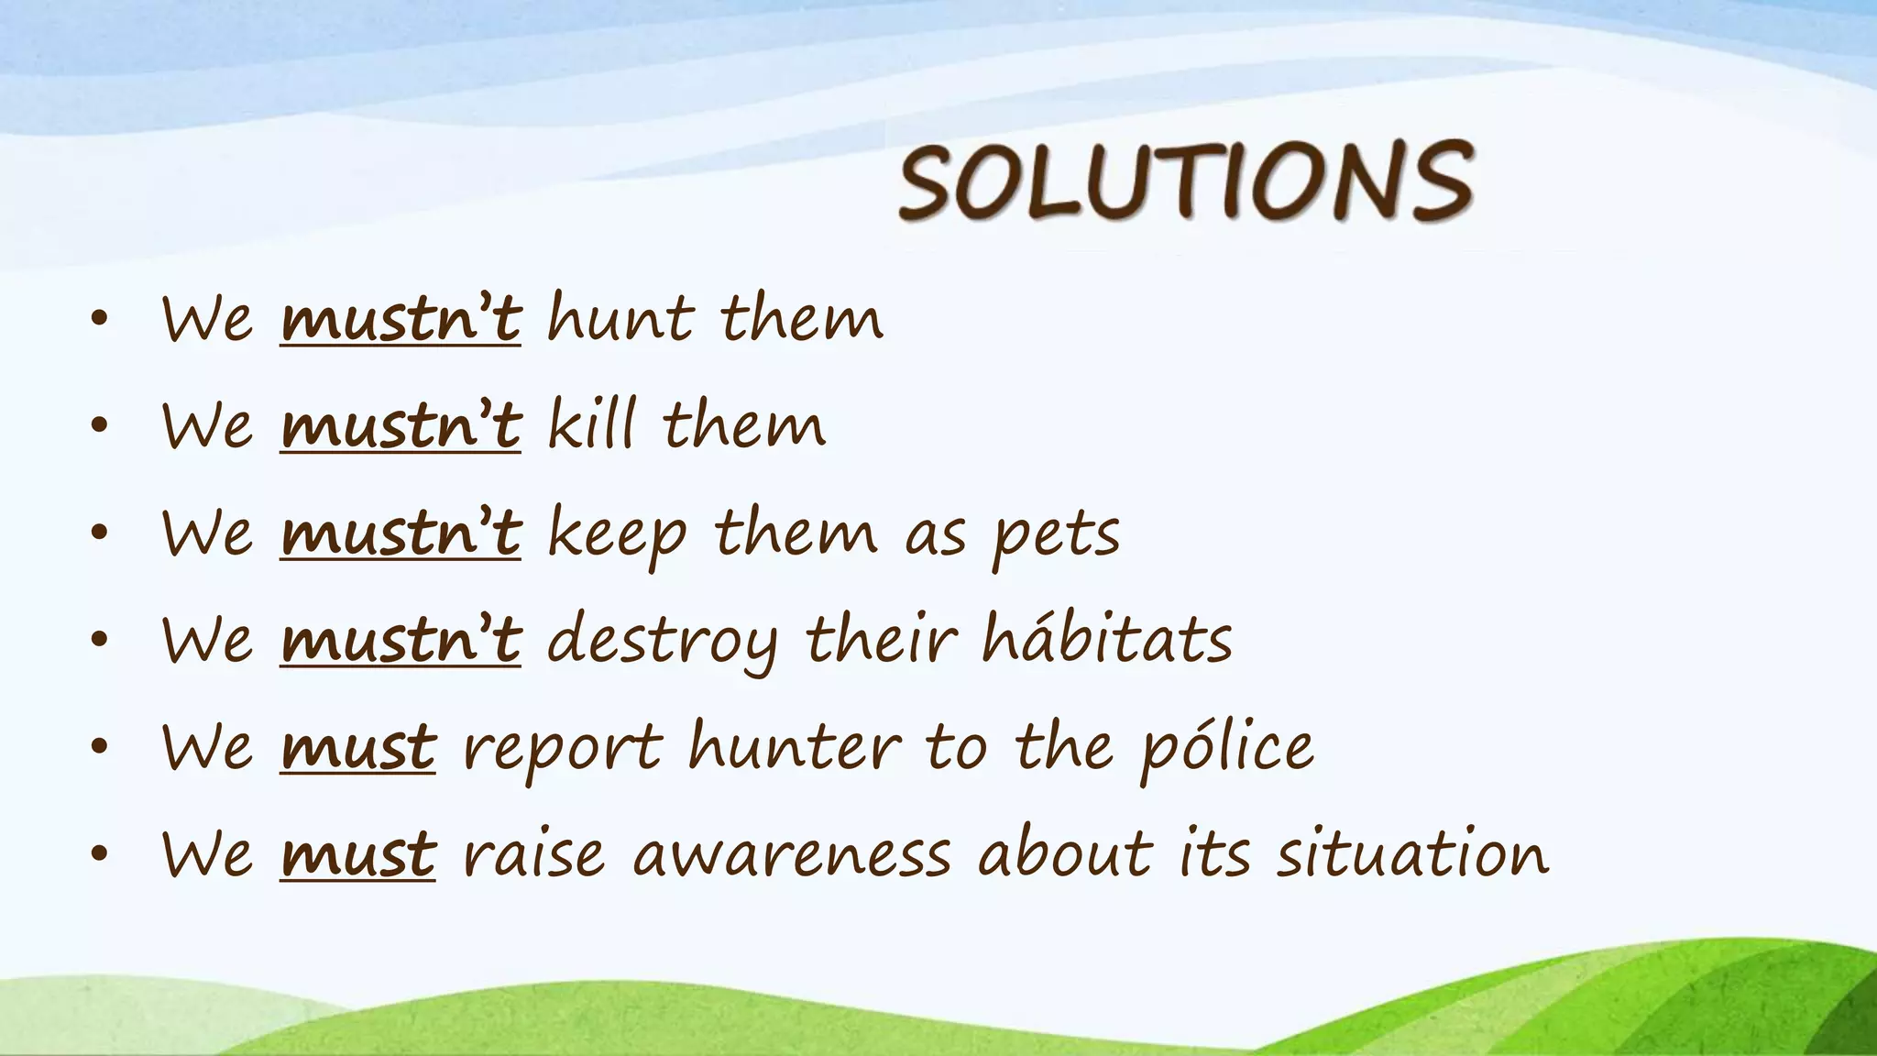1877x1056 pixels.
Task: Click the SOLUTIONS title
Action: click(x=1186, y=181)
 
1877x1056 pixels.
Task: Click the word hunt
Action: click(x=620, y=319)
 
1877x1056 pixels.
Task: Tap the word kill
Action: click(x=591, y=425)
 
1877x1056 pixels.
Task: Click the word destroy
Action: click(x=662, y=641)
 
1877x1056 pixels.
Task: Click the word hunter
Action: click(x=795, y=746)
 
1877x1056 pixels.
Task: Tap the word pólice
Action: click(x=1227, y=748)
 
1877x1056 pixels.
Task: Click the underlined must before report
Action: click(x=357, y=748)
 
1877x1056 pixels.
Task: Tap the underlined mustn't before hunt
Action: click(x=401, y=319)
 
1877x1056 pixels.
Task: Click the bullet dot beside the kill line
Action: click(x=100, y=426)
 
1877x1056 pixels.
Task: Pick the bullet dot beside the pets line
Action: click(x=100, y=533)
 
